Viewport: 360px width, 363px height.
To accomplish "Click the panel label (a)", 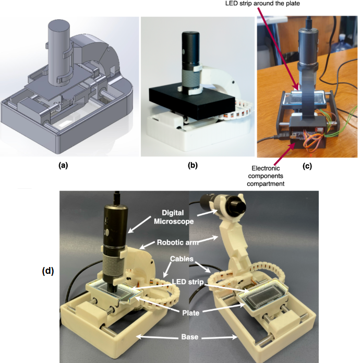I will click(x=63, y=166).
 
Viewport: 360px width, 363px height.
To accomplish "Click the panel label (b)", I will click(x=193, y=166).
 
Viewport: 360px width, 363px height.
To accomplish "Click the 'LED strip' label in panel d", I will click(x=187, y=282).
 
